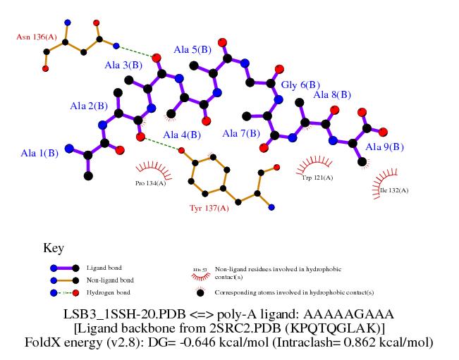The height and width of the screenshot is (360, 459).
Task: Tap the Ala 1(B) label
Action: coord(39,153)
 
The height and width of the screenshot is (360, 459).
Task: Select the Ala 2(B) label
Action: coord(89,106)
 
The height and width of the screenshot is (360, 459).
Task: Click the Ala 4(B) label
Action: coord(182,135)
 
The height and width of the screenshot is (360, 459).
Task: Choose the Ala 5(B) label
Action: coord(192,50)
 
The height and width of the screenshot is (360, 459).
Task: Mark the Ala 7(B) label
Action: coord(241,133)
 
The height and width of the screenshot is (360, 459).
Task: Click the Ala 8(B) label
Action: coord(332,94)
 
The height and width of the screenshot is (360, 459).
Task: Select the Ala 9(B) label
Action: coord(385,147)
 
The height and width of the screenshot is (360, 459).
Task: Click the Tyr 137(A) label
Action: coord(209,208)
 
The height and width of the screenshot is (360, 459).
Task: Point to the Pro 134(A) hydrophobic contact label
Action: coord(150,183)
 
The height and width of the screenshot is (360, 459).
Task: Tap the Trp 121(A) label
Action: coord(317,178)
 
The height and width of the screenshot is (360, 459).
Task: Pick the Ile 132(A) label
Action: coord(393,190)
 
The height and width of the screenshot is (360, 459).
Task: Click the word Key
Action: coord(54,248)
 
